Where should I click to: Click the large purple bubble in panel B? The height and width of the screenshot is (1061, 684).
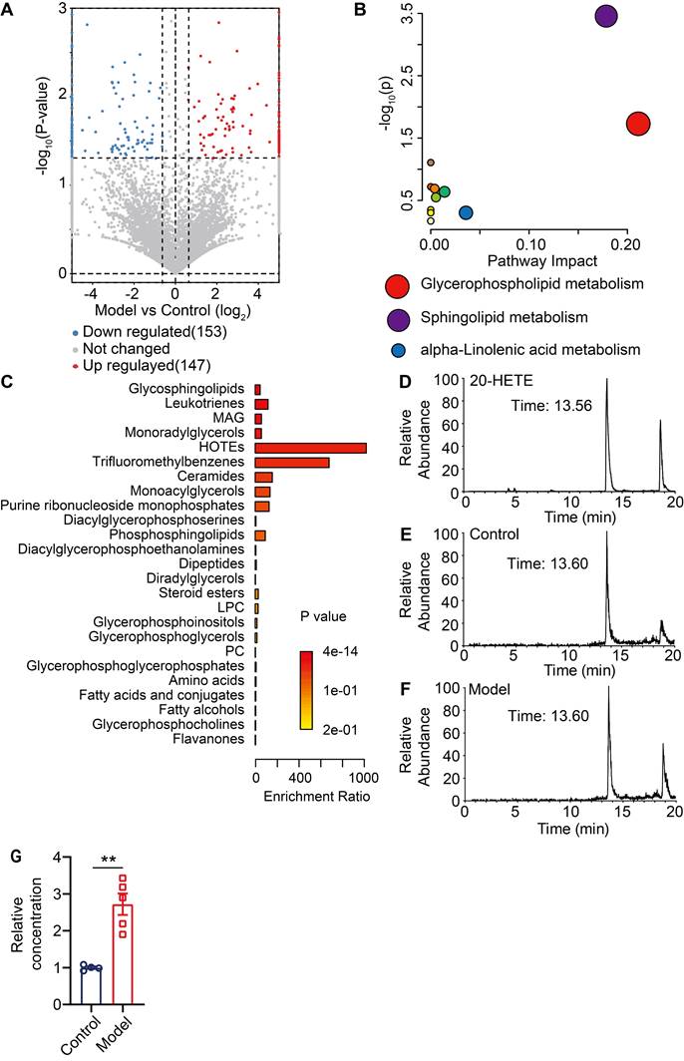click(x=605, y=16)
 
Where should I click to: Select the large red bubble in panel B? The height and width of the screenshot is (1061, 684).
click(x=638, y=124)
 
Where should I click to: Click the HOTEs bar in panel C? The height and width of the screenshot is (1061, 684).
click(x=310, y=448)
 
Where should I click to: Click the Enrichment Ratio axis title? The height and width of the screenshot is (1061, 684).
click(x=309, y=799)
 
